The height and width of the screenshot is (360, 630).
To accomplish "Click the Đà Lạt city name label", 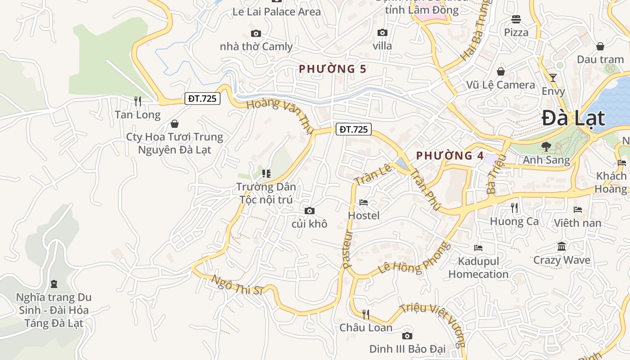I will pyautogui.click(x=573, y=118).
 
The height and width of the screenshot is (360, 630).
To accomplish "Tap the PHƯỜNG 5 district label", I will pyautogui.click(x=333, y=69).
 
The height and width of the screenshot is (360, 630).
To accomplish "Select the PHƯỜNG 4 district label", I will pyautogui.click(x=450, y=156).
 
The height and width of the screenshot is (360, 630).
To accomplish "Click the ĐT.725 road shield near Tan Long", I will pyautogui.click(x=202, y=99).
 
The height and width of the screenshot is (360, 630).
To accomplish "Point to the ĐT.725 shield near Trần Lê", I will pyautogui.click(x=354, y=130).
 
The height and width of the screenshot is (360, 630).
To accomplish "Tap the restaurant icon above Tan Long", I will pyautogui.click(x=138, y=101).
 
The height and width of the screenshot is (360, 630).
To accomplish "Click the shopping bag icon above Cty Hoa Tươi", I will pyautogui.click(x=175, y=123).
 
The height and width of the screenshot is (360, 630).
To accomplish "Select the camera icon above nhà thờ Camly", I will pyautogui.click(x=256, y=34).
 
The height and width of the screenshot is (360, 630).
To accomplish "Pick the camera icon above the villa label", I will pyautogui.click(x=382, y=33).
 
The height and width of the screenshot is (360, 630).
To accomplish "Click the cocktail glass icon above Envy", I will pyautogui.click(x=553, y=78).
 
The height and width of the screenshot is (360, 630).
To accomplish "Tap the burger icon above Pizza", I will pyautogui.click(x=516, y=19).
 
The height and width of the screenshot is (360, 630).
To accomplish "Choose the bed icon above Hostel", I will pyautogui.click(x=364, y=202).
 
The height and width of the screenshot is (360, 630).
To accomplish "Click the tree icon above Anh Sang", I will pyautogui.click(x=546, y=146).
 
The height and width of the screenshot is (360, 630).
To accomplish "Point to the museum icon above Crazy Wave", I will pyautogui.click(x=562, y=247).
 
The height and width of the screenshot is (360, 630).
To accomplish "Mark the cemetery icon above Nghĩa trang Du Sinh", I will pyautogui.click(x=54, y=284).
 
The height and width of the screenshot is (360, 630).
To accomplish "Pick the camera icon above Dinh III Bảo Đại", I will pyautogui.click(x=407, y=336).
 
